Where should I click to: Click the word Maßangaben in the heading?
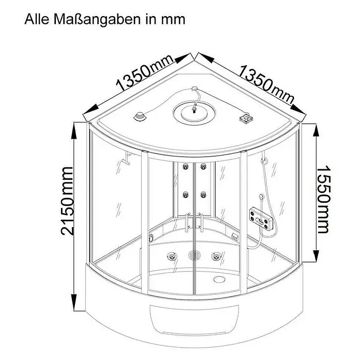pos(97,19)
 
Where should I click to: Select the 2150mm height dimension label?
pos(67,201)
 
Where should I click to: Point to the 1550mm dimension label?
pos(323,199)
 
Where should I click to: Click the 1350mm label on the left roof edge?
pos(144,72)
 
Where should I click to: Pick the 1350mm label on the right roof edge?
pos(266,84)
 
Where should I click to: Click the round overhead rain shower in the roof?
pos(194,113)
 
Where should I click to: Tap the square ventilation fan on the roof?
pos(246,118)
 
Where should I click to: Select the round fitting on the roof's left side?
pos(139,116)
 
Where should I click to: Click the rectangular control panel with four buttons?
pos(261,218)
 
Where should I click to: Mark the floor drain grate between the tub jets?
pos(194,255)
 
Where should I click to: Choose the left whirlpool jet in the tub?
pos(172,256)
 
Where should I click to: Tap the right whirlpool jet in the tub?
pos(216,256)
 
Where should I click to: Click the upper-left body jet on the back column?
pos(185,167)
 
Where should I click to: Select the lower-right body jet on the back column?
pos(203,195)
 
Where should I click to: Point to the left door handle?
pos(187,222)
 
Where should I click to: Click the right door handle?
pos(201,222)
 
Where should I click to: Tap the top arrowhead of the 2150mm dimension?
pos(73,131)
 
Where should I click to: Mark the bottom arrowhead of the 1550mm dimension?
pos(317,253)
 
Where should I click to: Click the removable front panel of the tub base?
pos(194,320)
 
